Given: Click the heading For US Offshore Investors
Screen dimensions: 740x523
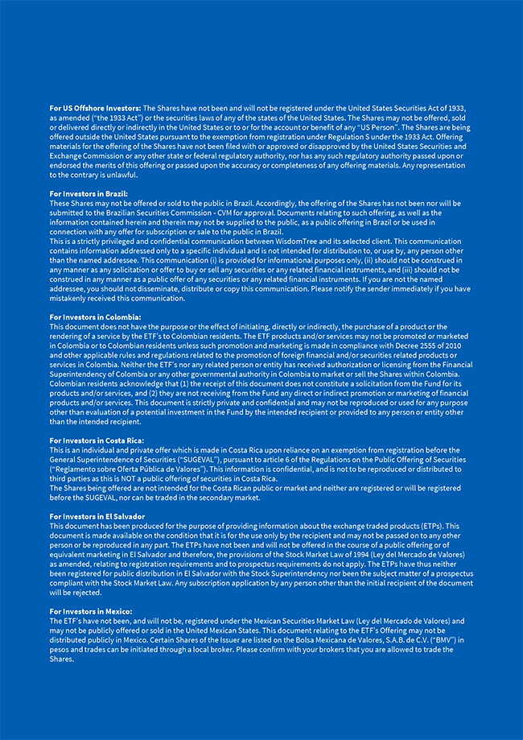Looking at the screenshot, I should tap(95, 107).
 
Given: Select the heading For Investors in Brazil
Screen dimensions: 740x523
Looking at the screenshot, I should tap(89, 194).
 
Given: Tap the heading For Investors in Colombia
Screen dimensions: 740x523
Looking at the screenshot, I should tap(95, 317).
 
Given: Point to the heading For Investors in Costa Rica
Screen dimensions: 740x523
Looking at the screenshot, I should tap(97, 440).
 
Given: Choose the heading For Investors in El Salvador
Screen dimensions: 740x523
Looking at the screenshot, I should tap(97, 516).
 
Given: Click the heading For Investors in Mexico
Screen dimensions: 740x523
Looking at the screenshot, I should tap(91, 611).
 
